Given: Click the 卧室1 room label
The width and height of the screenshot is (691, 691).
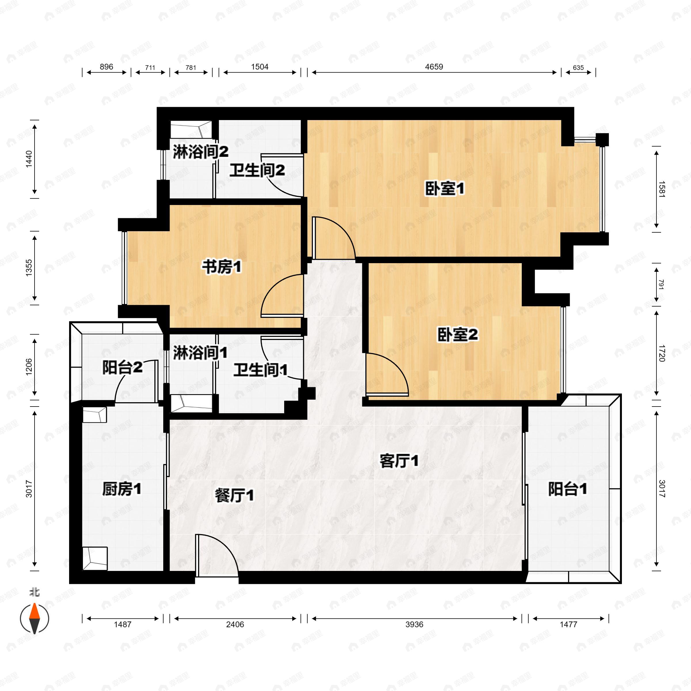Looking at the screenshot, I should (444, 189).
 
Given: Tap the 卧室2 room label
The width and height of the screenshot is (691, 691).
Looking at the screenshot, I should (457, 335).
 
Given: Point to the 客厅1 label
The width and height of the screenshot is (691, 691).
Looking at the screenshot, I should (399, 461).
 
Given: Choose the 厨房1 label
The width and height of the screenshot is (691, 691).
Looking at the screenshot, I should (122, 489).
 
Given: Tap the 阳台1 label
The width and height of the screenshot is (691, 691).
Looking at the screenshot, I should (567, 489).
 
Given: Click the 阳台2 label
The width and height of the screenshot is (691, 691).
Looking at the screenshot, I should (122, 367).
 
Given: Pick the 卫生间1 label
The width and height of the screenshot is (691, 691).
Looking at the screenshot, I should (260, 371).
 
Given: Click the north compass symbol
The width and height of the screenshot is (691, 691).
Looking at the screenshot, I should (34, 618).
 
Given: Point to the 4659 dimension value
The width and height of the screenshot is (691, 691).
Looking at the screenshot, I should (434, 67).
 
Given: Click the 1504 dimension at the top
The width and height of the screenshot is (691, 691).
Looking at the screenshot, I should (260, 67).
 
